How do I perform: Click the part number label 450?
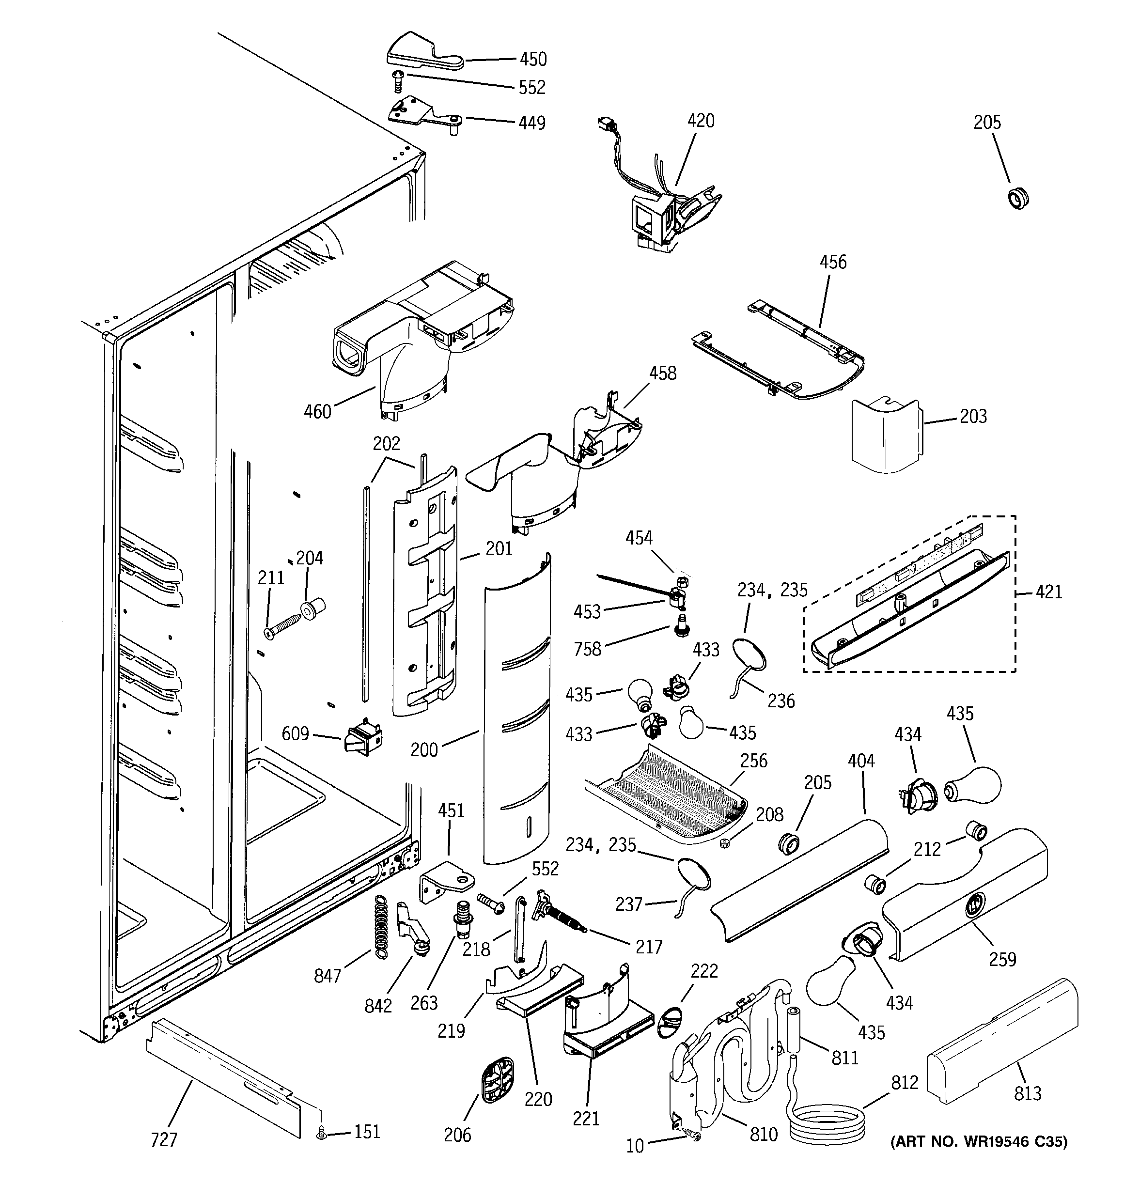[x=533, y=59]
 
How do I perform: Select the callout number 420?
[x=701, y=121]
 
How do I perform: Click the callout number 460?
[x=317, y=412]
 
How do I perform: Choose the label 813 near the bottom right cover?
[x=1028, y=1093]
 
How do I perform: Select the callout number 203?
[x=973, y=416]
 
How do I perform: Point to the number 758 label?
[x=588, y=649]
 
